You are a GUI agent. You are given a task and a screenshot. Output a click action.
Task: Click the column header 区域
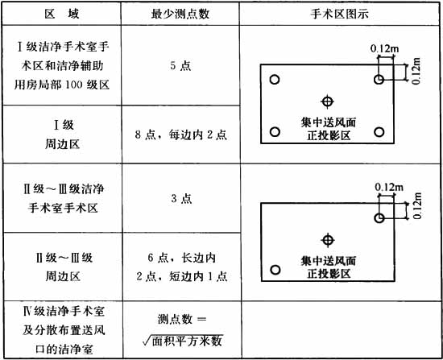62,14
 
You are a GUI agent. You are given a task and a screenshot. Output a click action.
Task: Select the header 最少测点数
180,14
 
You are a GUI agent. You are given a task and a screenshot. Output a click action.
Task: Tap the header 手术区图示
339,14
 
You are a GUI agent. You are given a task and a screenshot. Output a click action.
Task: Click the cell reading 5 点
180,65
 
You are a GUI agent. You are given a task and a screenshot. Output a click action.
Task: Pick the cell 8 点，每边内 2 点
180,134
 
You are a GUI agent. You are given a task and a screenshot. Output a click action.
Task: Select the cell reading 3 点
181,198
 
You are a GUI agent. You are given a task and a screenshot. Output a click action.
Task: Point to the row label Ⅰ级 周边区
63,134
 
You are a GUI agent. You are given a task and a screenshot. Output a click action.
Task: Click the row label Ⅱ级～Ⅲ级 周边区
64,267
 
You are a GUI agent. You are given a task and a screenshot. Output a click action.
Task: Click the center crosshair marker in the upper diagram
328,101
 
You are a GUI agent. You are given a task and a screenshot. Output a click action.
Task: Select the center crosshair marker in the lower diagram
328,240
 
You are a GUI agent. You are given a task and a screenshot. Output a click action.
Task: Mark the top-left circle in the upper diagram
275,80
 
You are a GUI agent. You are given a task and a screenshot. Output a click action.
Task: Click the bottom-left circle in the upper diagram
275,132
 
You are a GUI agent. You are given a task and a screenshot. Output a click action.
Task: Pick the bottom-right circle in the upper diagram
379,132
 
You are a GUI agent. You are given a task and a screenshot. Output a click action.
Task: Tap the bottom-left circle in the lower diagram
275,270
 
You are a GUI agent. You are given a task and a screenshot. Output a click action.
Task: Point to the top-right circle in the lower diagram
379,218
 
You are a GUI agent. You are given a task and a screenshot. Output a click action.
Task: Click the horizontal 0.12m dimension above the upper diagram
384,48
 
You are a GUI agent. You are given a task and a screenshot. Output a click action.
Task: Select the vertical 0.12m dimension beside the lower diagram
417,205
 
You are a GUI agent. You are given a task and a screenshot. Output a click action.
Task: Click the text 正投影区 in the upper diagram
329,135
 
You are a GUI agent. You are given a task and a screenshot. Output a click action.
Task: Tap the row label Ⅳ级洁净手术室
64,312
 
